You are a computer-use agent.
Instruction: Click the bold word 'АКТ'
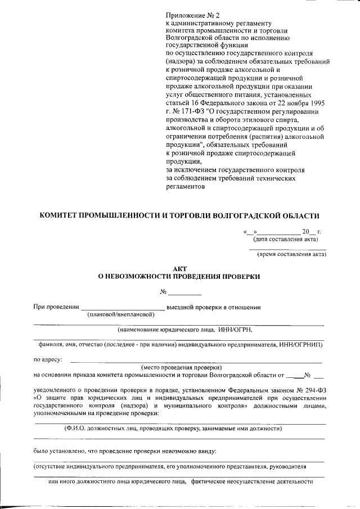[179, 269]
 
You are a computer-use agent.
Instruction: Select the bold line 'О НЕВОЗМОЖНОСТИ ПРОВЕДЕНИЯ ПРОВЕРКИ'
[179, 277]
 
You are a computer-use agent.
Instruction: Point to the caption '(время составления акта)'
[291, 254]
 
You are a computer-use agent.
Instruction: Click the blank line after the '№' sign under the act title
[185, 292]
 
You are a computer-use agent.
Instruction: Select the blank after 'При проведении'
[123, 307]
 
